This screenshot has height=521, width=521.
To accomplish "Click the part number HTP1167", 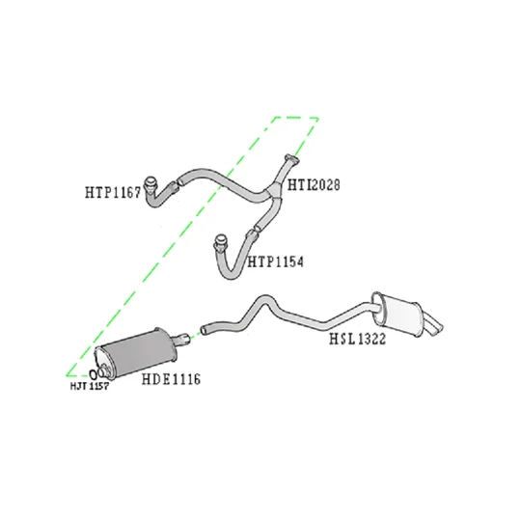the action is pyautogui.click(x=113, y=192).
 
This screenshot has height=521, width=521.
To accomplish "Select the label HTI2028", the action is pyautogui.click(x=314, y=184).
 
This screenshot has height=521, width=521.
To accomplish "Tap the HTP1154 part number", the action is pyautogui.click(x=275, y=262).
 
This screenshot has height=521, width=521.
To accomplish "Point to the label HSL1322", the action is pyautogui.click(x=358, y=339).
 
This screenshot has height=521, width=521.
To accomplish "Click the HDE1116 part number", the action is pyautogui.click(x=171, y=379).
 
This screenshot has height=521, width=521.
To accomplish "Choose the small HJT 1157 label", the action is pyautogui.click(x=90, y=386).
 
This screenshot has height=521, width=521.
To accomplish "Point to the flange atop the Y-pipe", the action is pyautogui.click(x=291, y=159).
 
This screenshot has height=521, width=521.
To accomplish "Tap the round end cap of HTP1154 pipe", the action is pyautogui.click(x=220, y=241).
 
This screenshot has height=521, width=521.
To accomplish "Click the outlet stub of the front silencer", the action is pyautogui.click(x=181, y=340).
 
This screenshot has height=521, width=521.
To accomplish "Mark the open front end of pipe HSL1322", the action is pyautogui.click(x=204, y=330).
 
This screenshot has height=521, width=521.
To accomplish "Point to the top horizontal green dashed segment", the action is pyautogui.click(x=297, y=118).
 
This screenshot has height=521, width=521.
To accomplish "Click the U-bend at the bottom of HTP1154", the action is pyautogui.click(x=229, y=272).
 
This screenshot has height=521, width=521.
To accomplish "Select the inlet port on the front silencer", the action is pyautogui.click(x=105, y=370).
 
